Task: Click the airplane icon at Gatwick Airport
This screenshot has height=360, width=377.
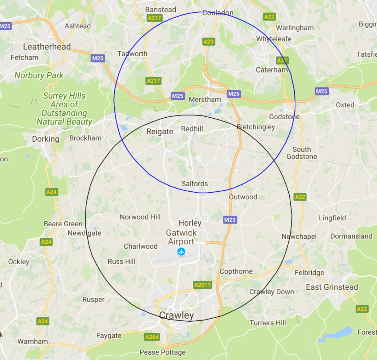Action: click(x=181, y=252)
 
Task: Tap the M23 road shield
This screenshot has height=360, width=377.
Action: click(x=230, y=220)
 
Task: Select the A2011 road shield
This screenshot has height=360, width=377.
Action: click(x=202, y=285)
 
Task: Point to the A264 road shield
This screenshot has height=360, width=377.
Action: click(x=152, y=337)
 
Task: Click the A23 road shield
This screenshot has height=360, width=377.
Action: click(x=208, y=41)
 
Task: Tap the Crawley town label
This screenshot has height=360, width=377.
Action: click(x=176, y=315)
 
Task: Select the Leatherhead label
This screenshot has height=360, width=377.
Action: click(x=47, y=47)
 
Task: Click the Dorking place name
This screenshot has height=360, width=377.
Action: click(x=46, y=139)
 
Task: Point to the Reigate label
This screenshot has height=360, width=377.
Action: click(x=160, y=132)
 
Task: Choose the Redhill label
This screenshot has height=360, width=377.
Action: click(x=192, y=129)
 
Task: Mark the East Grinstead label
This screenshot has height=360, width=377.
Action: click(x=332, y=287)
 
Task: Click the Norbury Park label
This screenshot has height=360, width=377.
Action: click(x=39, y=75)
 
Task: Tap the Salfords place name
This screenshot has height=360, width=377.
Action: click(x=194, y=184)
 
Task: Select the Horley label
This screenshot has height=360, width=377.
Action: click(x=190, y=223)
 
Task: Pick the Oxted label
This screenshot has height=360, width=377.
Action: click(x=345, y=105)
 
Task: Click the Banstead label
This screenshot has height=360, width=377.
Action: click(x=161, y=10)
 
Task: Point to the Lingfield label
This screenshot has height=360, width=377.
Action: click(x=332, y=218)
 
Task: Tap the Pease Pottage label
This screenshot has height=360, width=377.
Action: click(x=162, y=352)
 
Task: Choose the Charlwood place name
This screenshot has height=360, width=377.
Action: click(x=140, y=246)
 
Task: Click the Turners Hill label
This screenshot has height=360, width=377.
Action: click(x=268, y=323)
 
